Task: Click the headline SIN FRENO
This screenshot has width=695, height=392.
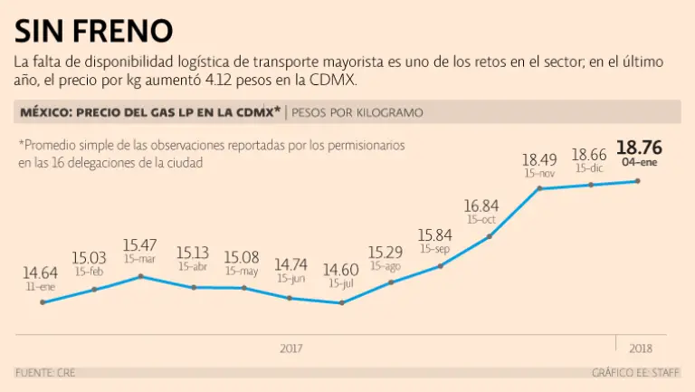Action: point(93,31)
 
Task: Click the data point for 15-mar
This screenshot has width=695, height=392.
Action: point(141,275)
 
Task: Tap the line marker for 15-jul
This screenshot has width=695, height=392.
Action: point(342,302)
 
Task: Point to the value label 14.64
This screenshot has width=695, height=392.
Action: point(41,272)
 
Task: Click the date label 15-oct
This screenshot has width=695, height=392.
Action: point(481,220)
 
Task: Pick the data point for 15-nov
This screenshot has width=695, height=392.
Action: point(538,188)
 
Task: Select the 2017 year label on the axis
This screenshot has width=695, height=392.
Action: point(291,349)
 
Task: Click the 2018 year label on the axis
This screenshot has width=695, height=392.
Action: point(640,349)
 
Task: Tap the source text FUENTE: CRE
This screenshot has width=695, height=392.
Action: point(45,373)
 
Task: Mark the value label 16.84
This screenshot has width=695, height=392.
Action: point(481,206)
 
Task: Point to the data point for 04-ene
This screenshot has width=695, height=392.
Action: point(639,181)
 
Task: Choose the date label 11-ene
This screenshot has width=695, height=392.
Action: point(41,285)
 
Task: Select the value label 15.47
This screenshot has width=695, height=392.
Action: point(140,244)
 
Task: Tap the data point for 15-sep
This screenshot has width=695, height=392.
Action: point(440,266)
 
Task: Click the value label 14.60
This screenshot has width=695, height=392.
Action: point(342,270)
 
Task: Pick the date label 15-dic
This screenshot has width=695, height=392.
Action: point(589,168)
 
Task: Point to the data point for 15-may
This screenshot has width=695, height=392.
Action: point(243,288)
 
